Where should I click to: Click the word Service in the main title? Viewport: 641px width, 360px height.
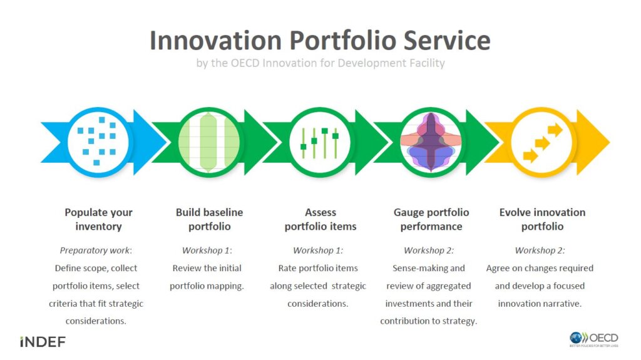click(x=447, y=40)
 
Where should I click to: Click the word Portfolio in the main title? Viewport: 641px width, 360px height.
click(x=344, y=41)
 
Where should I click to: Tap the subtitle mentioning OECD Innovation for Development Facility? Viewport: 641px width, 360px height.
click(x=320, y=63)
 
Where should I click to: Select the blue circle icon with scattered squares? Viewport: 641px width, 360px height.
click(x=98, y=142)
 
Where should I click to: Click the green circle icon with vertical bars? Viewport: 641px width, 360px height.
click(x=209, y=142)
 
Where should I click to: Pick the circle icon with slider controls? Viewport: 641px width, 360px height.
click(x=320, y=142)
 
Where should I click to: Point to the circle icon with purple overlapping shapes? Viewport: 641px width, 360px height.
click(x=431, y=142)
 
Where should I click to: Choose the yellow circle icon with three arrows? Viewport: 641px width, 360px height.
click(x=541, y=142)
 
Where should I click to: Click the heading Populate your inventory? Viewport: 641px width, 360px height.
click(x=98, y=219)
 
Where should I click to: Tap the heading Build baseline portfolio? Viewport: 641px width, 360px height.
click(x=209, y=219)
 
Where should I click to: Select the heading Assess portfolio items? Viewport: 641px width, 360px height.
click(x=320, y=219)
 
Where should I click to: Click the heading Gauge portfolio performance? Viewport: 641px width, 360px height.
click(x=431, y=219)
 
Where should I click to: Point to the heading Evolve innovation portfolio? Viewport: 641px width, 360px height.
click(x=543, y=219)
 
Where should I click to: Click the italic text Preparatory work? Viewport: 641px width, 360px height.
click(x=95, y=250)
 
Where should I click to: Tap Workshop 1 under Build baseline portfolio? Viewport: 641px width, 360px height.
click(x=207, y=250)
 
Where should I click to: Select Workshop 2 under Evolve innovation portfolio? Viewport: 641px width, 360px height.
click(x=539, y=250)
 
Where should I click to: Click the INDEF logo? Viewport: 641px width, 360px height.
click(x=43, y=342)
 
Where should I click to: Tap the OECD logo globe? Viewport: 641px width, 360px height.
click(x=576, y=338)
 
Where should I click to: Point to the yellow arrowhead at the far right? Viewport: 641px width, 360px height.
click(x=593, y=142)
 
